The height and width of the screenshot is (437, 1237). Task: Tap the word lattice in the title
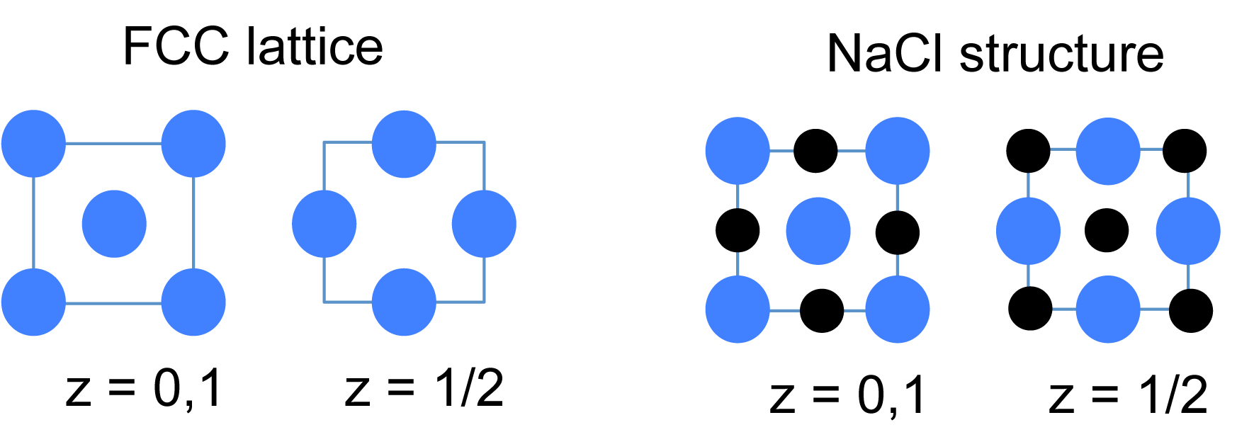coord(315,47)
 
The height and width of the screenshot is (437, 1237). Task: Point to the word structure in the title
coord(1061,54)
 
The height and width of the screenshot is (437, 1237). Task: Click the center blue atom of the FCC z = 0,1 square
coord(114,224)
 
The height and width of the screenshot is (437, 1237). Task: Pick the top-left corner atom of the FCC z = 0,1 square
coord(33,144)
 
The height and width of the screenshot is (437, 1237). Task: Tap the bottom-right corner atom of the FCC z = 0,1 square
coord(193,302)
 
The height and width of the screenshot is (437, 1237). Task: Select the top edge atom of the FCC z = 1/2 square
coord(404,144)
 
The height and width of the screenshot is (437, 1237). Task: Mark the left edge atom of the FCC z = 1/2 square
coord(324,225)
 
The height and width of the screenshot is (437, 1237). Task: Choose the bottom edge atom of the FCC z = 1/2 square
coord(404,302)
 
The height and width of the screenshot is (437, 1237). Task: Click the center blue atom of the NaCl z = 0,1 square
coord(818,231)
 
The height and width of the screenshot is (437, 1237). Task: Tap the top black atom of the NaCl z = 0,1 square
coord(815,151)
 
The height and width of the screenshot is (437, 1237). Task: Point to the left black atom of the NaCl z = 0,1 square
coord(738,231)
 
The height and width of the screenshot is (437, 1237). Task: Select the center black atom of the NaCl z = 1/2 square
coord(1107,230)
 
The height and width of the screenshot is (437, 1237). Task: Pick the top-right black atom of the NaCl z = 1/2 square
coord(1185,150)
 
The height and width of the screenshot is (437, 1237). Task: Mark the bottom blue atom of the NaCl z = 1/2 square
coord(1108,310)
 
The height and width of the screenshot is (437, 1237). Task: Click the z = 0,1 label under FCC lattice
coord(144,389)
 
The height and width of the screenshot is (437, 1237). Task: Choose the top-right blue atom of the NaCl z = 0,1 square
coord(898,151)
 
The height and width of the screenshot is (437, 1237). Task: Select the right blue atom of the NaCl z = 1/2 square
coord(1188,231)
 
